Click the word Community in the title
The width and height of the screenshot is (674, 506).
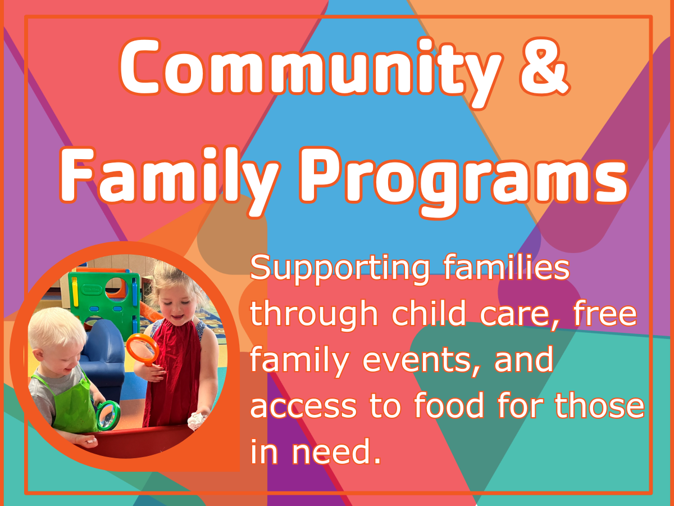[311, 69]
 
